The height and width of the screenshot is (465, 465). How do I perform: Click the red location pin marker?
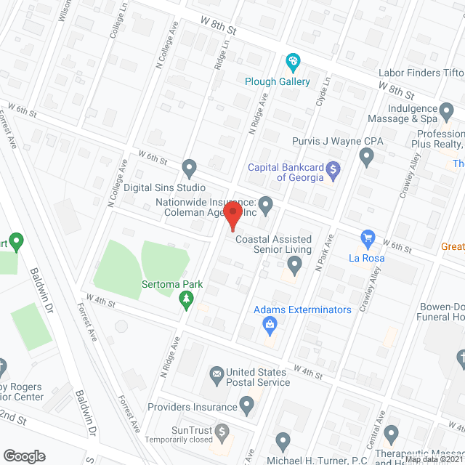point(232,216)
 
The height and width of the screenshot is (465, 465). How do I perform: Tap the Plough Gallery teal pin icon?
point(293,63)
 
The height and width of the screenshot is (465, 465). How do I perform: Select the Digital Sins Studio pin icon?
point(190,169)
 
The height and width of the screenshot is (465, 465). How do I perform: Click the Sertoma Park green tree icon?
point(187,299)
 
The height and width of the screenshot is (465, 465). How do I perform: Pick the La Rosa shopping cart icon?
point(368,238)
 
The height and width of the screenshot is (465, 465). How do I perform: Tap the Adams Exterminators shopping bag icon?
point(270,325)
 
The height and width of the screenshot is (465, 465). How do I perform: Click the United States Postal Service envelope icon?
point(217,375)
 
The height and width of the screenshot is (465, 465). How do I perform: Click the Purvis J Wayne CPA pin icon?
point(367,155)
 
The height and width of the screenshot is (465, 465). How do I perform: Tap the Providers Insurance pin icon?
point(247,408)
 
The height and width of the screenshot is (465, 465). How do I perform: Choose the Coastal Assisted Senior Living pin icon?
point(294,266)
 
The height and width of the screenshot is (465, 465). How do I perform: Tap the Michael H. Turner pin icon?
point(283,442)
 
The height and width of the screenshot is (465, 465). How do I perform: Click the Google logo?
point(24,456)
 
